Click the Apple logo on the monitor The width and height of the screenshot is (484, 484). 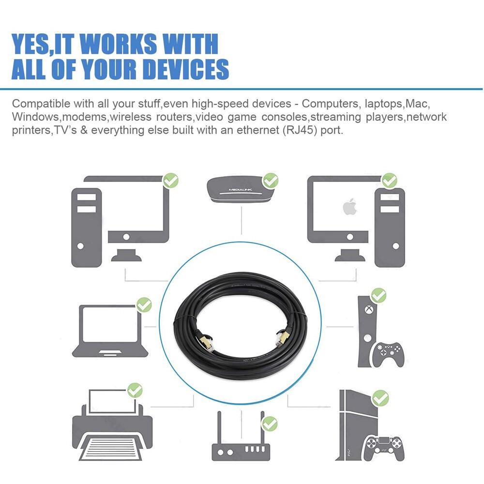[x=350, y=207]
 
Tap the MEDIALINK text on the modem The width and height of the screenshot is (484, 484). [x=240, y=190]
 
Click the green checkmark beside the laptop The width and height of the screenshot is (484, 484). [x=144, y=305]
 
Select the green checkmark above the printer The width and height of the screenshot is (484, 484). [x=135, y=391]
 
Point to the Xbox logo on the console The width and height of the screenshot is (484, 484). [x=368, y=309]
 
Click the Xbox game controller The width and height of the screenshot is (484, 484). [x=387, y=354]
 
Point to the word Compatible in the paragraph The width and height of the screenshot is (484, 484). [x=41, y=104]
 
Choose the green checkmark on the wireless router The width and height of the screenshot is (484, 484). [x=270, y=424]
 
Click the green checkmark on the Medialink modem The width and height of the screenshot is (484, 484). [x=271, y=181]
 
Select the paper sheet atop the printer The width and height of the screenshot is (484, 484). [x=112, y=401]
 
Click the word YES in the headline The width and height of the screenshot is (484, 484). [x=30, y=44]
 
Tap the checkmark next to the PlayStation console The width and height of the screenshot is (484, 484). [x=380, y=398]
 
